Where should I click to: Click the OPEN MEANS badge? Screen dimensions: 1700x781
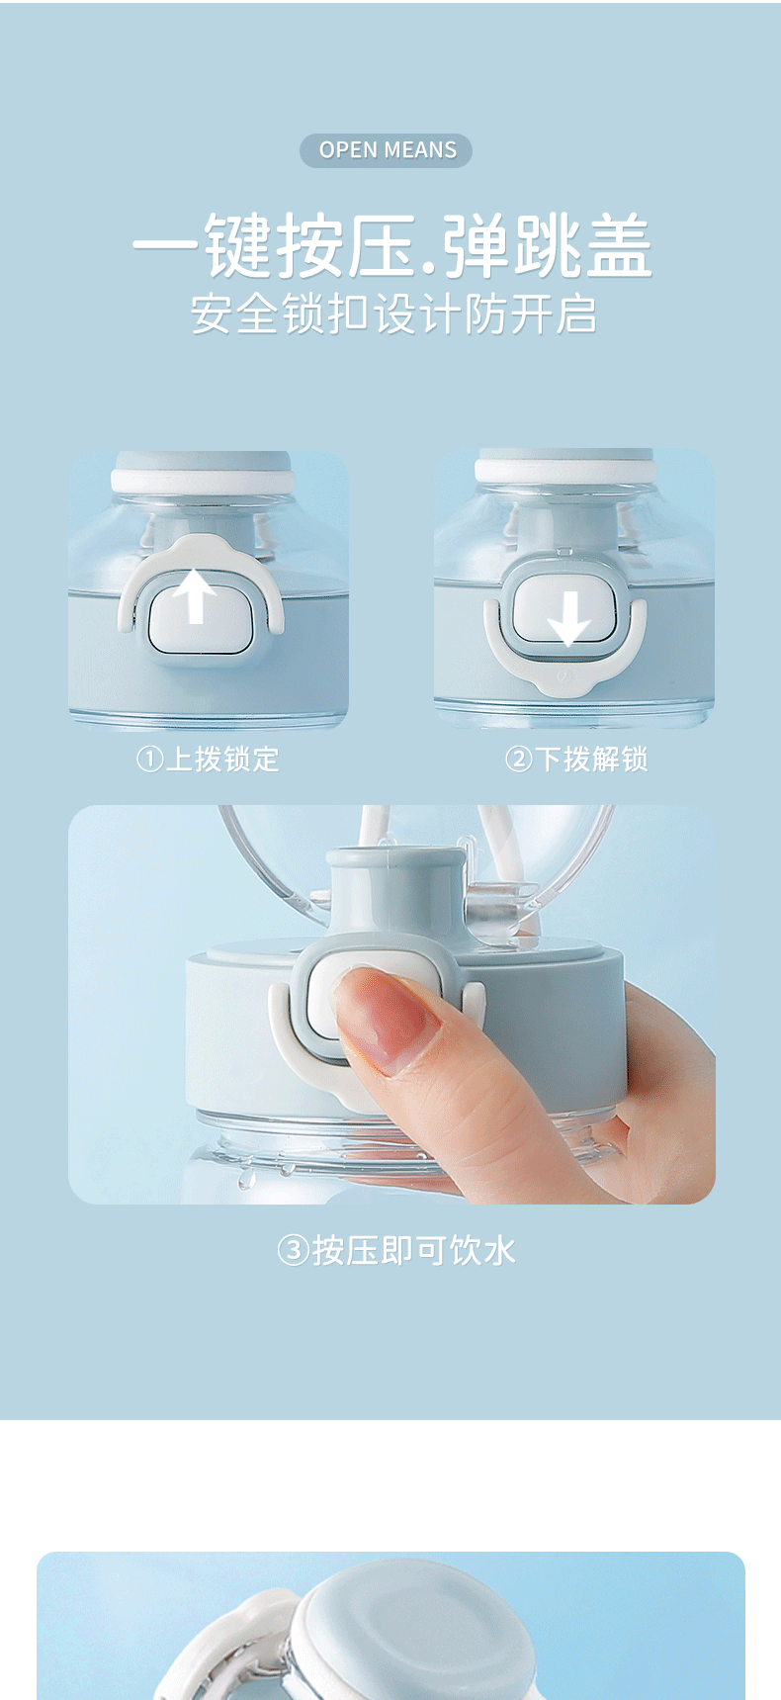(386, 150)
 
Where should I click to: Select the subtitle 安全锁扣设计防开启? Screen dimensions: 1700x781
(393, 314)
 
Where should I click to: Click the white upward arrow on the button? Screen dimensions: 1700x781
(196, 595)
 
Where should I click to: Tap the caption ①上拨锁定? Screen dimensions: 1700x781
(208, 760)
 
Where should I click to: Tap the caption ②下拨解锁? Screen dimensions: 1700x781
(576, 760)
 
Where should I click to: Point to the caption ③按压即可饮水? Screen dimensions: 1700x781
(396, 1250)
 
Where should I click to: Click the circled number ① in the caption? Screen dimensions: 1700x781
(148, 760)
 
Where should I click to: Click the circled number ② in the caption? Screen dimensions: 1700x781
(518, 760)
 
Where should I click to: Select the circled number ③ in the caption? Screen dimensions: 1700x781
(293, 1250)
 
